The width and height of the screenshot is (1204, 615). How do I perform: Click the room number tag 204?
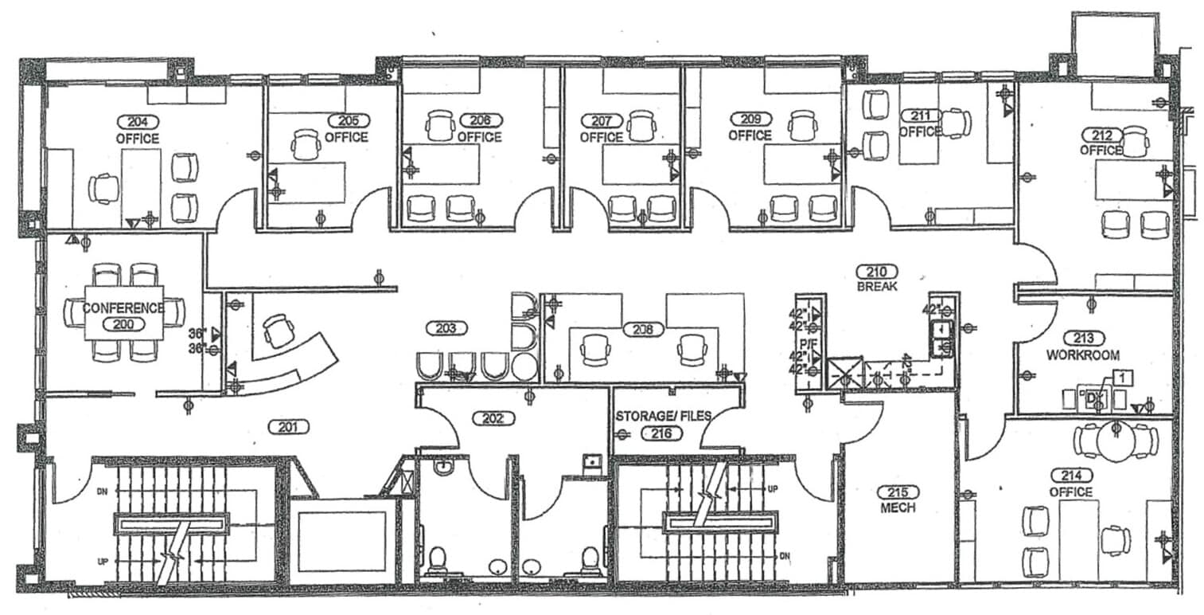tap(138, 122)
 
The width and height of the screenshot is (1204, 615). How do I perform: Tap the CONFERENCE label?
tap(123, 307)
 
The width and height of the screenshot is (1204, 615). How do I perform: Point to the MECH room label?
tap(898, 507)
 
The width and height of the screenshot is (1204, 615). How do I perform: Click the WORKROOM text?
tap(1083, 355)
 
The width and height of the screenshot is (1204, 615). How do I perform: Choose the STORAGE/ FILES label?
tap(663, 416)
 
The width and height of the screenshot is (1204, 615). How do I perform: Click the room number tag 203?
tap(446, 327)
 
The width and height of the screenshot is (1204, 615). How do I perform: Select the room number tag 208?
tap(642, 328)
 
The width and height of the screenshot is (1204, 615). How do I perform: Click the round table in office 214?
tap(1116, 441)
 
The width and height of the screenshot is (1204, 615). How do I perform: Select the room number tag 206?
tap(480, 120)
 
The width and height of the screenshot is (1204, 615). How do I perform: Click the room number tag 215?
tap(898, 492)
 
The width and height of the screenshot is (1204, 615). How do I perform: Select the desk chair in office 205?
tap(305, 144)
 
